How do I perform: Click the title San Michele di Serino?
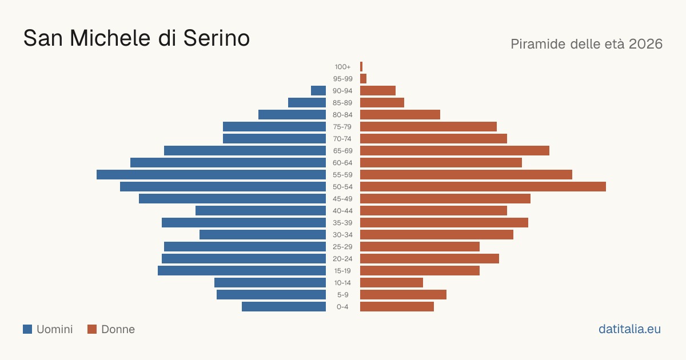pyautogui.click(x=137, y=38)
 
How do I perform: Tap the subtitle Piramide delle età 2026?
pyautogui.click(x=587, y=44)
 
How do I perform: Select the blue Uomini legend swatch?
pyautogui.click(x=27, y=329)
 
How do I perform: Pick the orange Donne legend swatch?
pyautogui.click(x=92, y=329)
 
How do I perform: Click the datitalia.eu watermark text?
pyautogui.click(x=629, y=329)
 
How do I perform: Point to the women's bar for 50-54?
pyautogui.click(x=483, y=187)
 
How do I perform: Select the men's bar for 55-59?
pyautogui.click(x=212, y=175)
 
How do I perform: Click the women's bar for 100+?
pyautogui.click(x=361, y=67)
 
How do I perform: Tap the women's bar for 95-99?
pyautogui.click(x=363, y=79)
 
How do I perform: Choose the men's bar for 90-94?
pyautogui.click(x=318, y=91)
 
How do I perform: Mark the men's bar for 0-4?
pyautogui.click(x=284, y=307)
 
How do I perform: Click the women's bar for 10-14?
pyautogui.click(x=392, y=282)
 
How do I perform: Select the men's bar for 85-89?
pyautogui.click(x=307, y=102)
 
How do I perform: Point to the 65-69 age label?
pyautogui.click(x=342, y=151)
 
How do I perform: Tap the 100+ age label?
pyautogui.click(x=342, y=67)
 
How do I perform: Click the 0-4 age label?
pyautogui.click(x=342, y=307)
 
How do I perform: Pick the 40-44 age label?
pyautogui.click(x=342, y=211)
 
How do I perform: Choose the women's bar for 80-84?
pyautogui.click(x=400, y=115)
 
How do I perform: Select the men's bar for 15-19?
pyautogui.click(x=242, y=271)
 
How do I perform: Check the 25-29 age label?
pyautogui.click(x=342, y=247)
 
